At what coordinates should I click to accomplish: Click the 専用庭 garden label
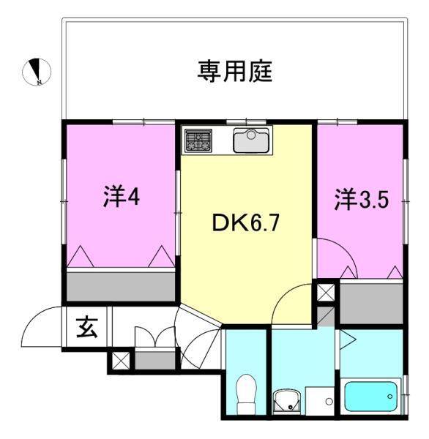pyautogui.click(x=234, y=71)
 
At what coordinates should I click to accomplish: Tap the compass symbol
pyautogui.click(x=36, y=70)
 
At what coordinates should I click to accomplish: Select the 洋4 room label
pyautogui.click(x=121, y=198)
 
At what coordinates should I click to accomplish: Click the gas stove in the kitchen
pyautogui.click(x=198, y=140)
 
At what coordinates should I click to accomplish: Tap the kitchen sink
pyautogui.click(x=252, y=139)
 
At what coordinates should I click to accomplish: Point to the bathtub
pyautogui.click(x=372, y=396)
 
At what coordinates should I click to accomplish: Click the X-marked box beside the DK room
pyautogui.click(x=324, y=293)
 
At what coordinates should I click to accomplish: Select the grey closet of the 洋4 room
pyautogui.click(x=121, y=284)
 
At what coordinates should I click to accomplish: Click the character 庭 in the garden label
pyautogui.click(x=261, y=71)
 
